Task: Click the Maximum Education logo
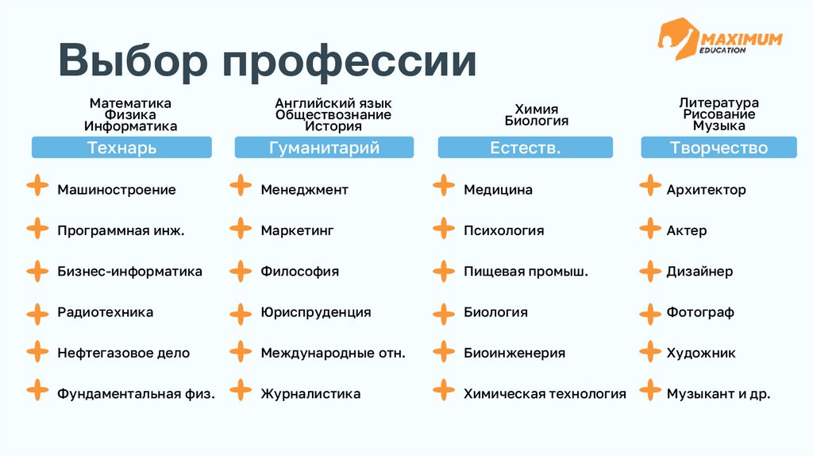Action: point(719,41)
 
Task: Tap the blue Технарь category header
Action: point(121,148)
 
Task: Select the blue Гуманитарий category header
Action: point(324,148)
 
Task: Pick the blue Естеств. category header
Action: point(526,148)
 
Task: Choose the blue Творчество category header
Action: point(719,148)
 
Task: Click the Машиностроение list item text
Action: point(117,190)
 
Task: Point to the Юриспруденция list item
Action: point(316,312)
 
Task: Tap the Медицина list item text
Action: point(498,190)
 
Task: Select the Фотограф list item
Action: point(700,312)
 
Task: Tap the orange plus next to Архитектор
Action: point(650,187)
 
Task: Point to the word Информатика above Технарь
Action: point(131,126)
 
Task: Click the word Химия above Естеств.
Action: point(537,110)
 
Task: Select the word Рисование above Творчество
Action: point(719,114)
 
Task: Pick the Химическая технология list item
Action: point(545,394)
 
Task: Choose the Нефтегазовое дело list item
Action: point(123,353)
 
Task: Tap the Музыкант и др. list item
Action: point(719,394)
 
